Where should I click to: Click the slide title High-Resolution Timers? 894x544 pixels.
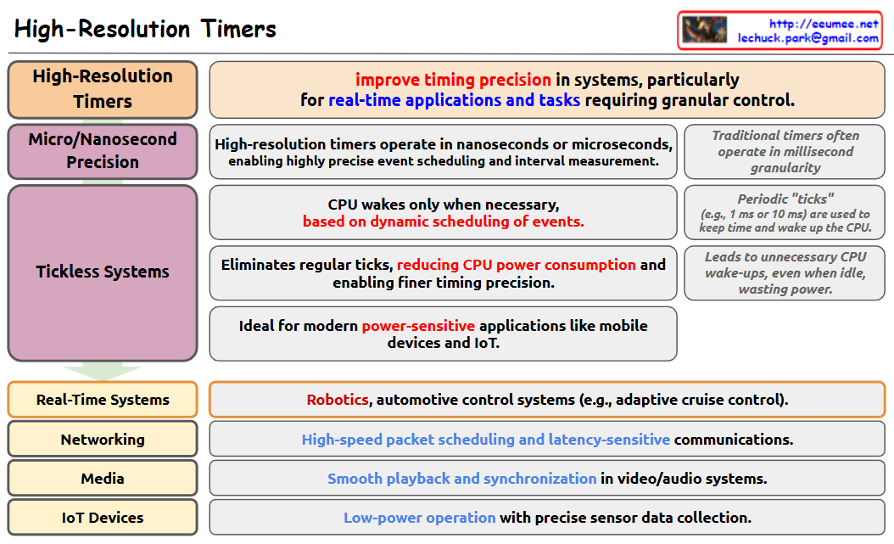[x=145, y=29]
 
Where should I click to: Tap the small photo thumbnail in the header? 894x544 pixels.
[x=705, y=30]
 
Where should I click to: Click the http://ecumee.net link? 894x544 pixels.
[x=824, y=24]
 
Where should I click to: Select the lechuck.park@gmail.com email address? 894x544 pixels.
[x=807, y=38]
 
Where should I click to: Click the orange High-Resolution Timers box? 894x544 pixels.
[x=103, y=88]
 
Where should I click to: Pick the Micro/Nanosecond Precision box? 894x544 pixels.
[x=103, y=150]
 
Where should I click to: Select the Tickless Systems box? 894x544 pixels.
[x=103, y=272]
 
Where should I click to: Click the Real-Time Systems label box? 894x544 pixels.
[x=103, y=400]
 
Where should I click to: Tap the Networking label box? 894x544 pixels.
[x=103, y=440]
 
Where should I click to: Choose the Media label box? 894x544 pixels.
[x=103, y=479]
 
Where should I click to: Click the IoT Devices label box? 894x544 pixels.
[x=103, y=518]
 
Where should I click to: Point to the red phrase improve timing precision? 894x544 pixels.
[x=453, y=80]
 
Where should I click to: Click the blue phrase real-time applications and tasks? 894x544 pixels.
[x=454, y=100]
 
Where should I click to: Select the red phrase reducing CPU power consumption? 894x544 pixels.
[x=516, y=265]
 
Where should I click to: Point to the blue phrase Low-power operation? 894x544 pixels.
[x=419, y=518]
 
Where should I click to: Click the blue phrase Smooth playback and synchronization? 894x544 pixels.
[x=461, y=479]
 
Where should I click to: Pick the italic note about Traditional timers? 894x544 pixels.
[x=785, y=151]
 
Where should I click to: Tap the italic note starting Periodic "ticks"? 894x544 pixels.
[x=785, y=212]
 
